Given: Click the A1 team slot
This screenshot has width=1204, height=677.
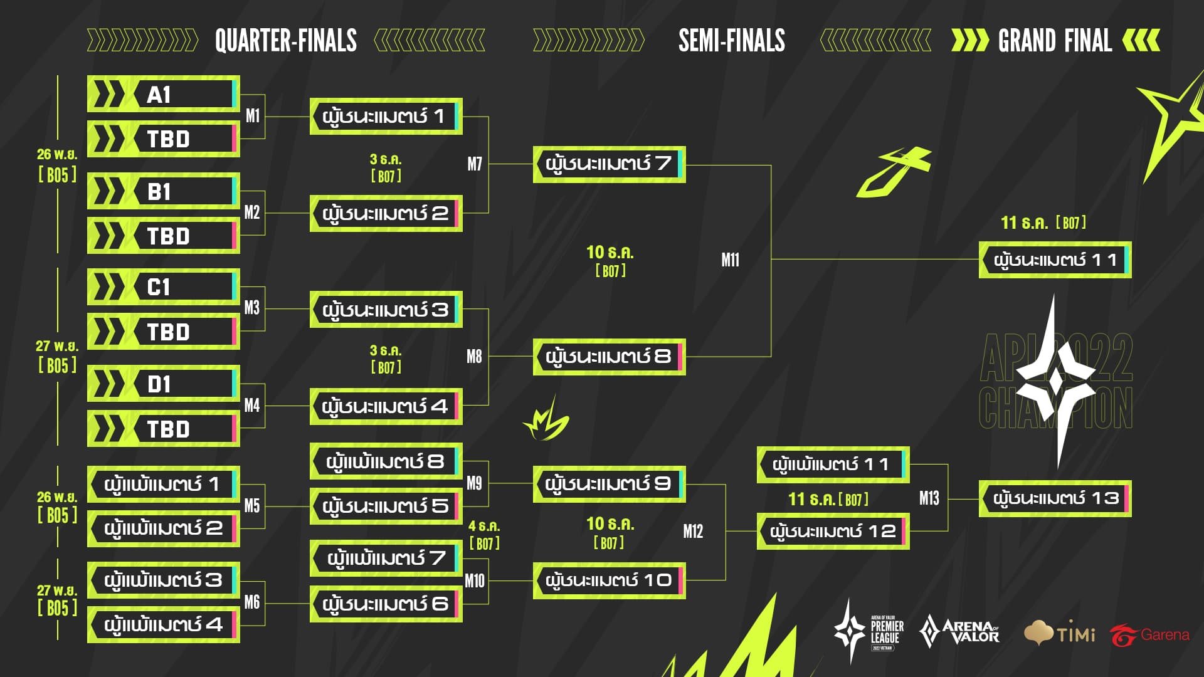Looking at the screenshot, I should (163, 95).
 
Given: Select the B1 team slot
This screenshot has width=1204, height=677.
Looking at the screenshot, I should (163, 191).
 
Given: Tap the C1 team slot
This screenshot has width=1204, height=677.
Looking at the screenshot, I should (163, 287).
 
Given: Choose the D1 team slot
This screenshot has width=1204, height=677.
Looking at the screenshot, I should (163, 384).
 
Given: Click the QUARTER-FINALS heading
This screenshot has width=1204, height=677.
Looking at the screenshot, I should (286, 41).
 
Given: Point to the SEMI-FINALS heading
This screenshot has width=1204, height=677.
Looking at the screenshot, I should (731, 41).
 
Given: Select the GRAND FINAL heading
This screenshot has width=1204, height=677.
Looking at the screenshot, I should (1055, 41).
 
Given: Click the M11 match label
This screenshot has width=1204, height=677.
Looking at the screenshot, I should (730, 260).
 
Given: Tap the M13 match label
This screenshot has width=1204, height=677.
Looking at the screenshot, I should (929, 498).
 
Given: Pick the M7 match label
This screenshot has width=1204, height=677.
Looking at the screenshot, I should (475, 164).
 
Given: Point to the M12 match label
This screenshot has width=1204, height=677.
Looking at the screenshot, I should (693, 532).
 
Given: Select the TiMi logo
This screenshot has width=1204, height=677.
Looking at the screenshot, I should (1060, 633).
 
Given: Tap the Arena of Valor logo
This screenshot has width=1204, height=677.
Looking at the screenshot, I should (959, 632).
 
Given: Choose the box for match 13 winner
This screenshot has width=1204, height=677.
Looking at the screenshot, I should (1055, 498).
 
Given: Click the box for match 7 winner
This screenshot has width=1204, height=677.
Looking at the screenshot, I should (609, 164).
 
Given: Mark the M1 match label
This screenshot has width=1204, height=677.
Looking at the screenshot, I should (253, 116).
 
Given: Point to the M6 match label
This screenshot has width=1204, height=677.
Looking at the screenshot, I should (252, 602).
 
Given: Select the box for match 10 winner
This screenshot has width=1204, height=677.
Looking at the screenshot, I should (609, 580).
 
